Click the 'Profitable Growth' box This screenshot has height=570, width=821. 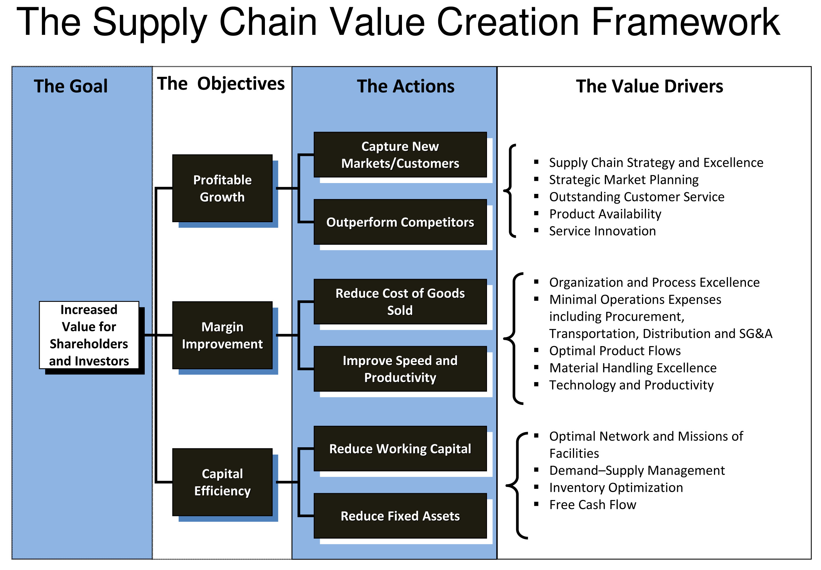coord(222,188)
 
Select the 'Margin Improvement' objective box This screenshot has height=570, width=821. coord(222,335)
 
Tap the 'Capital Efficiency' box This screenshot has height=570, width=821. coord(222,482)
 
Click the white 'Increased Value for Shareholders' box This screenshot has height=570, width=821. coord(89,335)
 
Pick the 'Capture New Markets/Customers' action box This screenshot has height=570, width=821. coord(400,155)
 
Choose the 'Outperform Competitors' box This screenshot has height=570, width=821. coord(400,222)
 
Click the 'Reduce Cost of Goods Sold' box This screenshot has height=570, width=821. coord(400,302)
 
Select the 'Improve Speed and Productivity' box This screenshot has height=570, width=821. coord(400,369)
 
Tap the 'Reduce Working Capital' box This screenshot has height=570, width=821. coord(400,448)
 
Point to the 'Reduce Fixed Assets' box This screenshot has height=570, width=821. coord(400,515)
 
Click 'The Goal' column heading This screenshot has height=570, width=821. coord(71,86)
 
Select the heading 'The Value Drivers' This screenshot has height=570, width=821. coord(649,86)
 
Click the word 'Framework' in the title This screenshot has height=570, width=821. coord(686,22)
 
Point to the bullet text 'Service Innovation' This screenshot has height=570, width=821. coord(602,231)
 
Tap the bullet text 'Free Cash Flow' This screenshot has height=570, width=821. coord(593,504)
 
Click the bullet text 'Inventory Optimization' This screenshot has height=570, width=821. coord(616,487)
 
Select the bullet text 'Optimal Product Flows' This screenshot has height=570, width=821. coord(615,350)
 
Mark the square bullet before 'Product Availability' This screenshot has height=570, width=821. coord(536,213)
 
